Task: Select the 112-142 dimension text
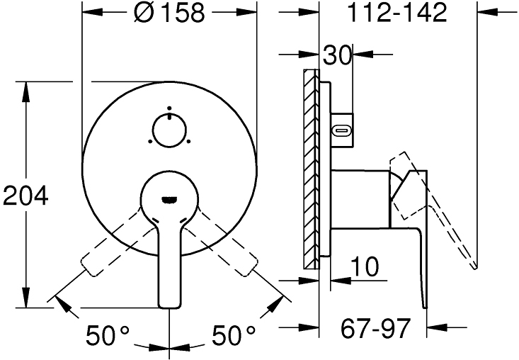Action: click(399, 13)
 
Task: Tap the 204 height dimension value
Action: click(26, 195)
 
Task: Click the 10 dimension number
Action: click(365, 267)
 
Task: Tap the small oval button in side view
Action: click(342, 130)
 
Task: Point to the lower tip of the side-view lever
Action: click(425, 305)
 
